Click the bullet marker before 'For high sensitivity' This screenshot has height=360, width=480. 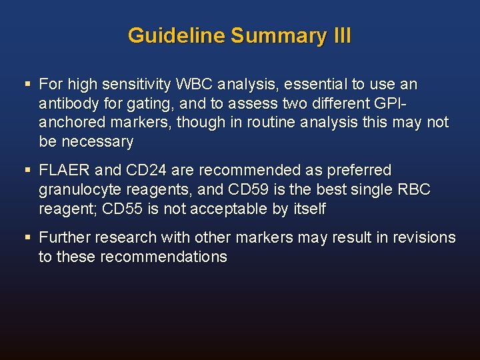coord(27,85)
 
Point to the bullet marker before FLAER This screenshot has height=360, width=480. coord(27,171)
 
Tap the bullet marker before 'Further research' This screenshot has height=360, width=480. coord(27,238)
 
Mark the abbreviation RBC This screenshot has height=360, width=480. coord(413,190)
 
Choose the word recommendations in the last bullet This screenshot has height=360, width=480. coord(163,257)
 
